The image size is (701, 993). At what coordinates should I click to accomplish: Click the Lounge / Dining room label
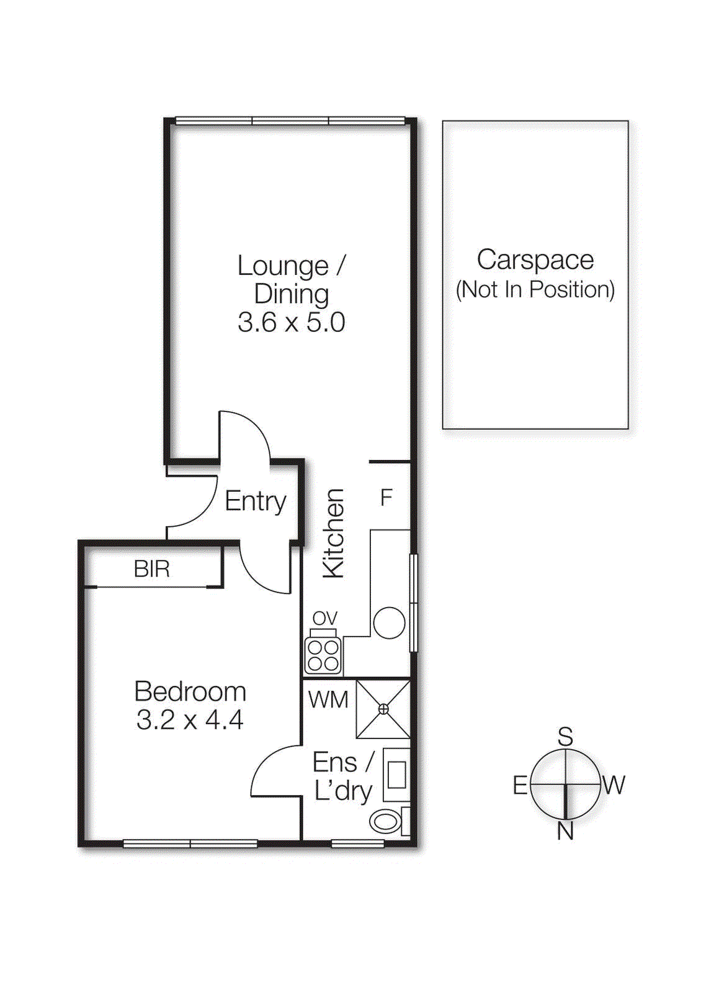pyautogui.click(x=291, y=279)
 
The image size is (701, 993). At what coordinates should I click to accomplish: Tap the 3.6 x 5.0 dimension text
pyautogui.click(x=291, y=323)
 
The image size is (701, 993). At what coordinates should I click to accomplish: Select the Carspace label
pyautogui.click(x=535, y=259)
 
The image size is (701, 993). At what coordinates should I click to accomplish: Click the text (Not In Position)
pyautogui.click(x=535, y=290)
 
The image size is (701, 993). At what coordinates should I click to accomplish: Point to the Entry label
pyautogui.click(x=255, y=501)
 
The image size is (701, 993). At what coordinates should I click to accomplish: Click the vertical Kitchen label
pyautogui.click(x=334, y=533)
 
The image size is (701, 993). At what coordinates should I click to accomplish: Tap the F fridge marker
pyautogui.click(x=386, y=497)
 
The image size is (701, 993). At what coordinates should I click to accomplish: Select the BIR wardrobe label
pyautogui.click(x=151, y=569)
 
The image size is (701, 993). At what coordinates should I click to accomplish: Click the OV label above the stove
pyautogui.click(x=324, y=618)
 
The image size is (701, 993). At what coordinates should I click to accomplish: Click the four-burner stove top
pyautogui.click(x=323, y=655)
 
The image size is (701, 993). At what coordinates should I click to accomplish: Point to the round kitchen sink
pyautogui.click(x=389, y=622)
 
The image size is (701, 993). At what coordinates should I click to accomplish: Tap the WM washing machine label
pyautogui.click(x=328, y=700)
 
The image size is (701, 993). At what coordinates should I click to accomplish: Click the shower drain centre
pyautogui.click(x=383, y=709)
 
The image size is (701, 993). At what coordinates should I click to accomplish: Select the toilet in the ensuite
pyautogui.click(x=386, y=822)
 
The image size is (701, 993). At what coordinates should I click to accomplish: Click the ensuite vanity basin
pyautogui.click(x=396, y=775)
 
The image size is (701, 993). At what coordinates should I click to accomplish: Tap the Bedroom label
pyautogui.click(x=190, y=691)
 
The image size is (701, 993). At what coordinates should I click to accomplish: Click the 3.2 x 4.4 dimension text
pyautogui.click(x=190, y=720)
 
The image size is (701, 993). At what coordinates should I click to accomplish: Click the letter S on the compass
pyautogui.click(x=565, y=737)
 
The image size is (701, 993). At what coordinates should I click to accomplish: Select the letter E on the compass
pyautogui.click(x=520, y=786)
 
